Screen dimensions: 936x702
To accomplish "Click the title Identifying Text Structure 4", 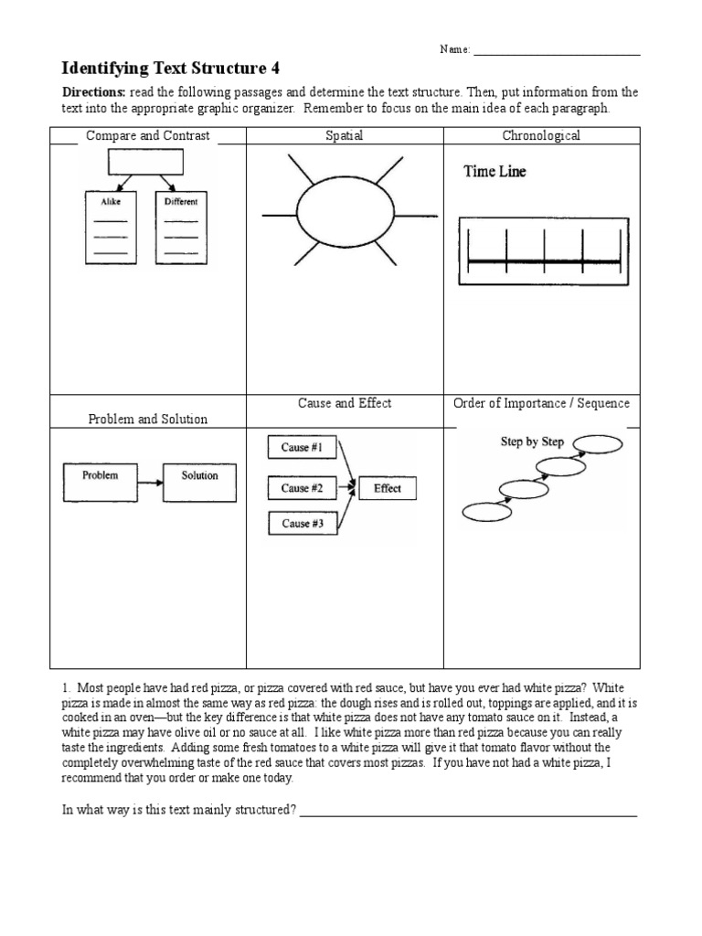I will point(170,69).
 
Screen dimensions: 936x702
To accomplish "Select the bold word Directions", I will point(93,93).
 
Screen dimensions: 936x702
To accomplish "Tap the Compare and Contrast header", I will point(147,136).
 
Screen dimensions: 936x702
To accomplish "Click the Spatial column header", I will point(345,136).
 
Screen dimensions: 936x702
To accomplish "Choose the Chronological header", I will point(541,136).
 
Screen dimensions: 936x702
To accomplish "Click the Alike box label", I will point(112,201).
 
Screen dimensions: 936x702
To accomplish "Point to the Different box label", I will point(181,201).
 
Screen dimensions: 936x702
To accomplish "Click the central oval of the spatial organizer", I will point(345,216).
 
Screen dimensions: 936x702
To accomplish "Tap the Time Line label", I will point(495,172).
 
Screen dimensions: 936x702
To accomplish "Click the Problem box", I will point(100,476).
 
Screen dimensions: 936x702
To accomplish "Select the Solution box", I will point(198,476).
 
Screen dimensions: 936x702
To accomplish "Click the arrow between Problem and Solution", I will point(150,476).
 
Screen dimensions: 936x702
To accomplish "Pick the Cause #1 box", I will point(302,448).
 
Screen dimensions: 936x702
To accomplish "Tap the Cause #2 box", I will point(302,488).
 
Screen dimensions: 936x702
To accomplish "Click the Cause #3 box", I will point(302,524).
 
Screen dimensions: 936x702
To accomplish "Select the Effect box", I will point(388,488).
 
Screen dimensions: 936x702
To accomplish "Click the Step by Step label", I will point(532,441).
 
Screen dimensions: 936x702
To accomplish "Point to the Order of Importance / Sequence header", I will point(541,404).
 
